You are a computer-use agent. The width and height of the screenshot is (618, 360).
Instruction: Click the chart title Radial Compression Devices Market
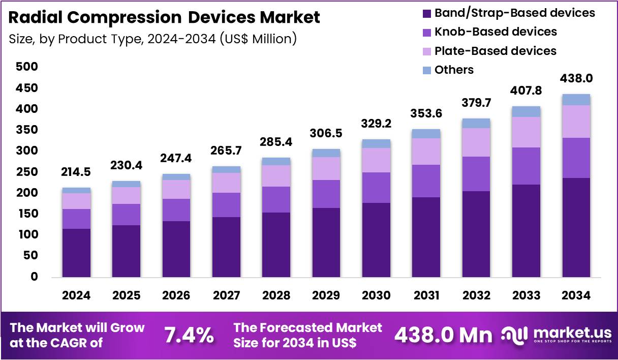pos(164,17)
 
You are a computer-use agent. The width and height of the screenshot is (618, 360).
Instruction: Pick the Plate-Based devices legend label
pos(495,51)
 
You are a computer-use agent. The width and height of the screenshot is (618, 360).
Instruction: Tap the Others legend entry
pos(454,70)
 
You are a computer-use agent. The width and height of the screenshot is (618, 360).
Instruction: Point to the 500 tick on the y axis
pos(26,67)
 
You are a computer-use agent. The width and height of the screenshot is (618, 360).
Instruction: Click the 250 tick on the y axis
pos(26,172)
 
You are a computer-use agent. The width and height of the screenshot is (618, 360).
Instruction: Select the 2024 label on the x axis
pos(76,295)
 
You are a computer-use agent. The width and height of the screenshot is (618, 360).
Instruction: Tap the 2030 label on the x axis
pos(377,295)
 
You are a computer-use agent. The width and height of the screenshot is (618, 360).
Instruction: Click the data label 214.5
pos(76,172)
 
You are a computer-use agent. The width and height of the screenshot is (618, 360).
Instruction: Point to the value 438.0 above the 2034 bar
pos(576,78)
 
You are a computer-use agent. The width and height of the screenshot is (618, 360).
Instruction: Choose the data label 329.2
pos(377,124)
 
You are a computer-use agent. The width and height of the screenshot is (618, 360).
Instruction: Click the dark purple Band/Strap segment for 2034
pos(576,227)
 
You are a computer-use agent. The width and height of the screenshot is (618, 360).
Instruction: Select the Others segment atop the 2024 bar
pos(76,190)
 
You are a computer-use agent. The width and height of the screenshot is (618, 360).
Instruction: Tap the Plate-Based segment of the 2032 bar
pos(476,142)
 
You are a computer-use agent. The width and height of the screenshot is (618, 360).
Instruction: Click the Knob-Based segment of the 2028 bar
pos(276,199)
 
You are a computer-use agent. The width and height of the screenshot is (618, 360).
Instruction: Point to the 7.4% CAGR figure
pos(189,336)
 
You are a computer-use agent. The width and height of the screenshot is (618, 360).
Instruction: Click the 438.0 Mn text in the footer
pos(443,336)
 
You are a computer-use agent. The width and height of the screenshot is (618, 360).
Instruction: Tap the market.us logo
pos(557,335)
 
